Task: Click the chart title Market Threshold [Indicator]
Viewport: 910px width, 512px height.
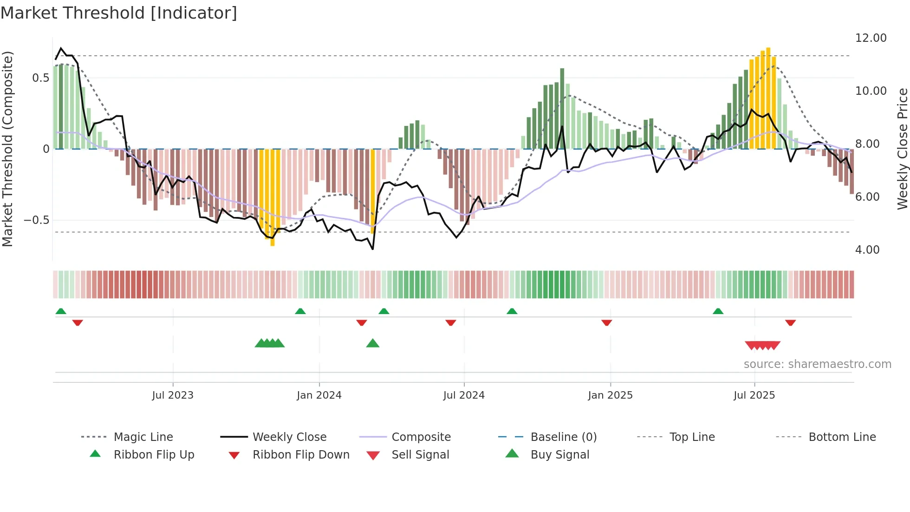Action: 119,13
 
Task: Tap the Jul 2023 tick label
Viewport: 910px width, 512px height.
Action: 172,395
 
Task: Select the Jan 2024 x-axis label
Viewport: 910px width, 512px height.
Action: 319,395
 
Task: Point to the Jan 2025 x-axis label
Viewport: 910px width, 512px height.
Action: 610,395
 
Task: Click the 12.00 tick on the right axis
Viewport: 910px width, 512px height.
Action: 871,38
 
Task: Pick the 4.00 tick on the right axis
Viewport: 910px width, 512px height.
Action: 867,250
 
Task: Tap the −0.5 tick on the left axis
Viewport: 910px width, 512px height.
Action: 36,220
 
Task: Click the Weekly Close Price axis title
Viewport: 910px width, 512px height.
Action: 902,149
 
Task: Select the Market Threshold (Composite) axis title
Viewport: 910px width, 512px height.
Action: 7,149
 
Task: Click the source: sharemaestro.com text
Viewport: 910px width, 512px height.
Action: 817,364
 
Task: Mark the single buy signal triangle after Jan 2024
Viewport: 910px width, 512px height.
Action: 372,344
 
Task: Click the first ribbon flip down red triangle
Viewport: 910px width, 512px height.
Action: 78,323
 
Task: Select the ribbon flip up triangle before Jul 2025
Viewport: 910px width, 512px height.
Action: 718,311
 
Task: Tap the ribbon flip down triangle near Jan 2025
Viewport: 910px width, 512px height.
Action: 606,323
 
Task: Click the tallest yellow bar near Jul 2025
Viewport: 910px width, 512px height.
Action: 768,98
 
